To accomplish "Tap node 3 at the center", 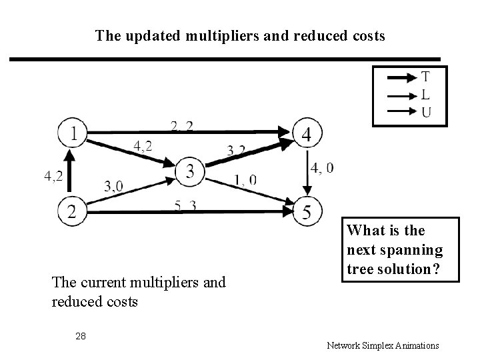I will click(x=190, y=172).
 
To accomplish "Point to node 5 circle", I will click(x=306, y=211).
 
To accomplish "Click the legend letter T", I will click(x=425, y=77).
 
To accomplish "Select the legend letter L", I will click(x=425, y=95).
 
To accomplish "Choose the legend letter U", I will click(x=425, y=111).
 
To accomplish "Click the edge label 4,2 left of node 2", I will click(x=54, y=176).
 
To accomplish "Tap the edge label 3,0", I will click(x=114, y=186).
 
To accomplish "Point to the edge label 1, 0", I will click(x=245, y=180).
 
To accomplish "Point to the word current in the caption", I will click(x=101, y=283).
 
